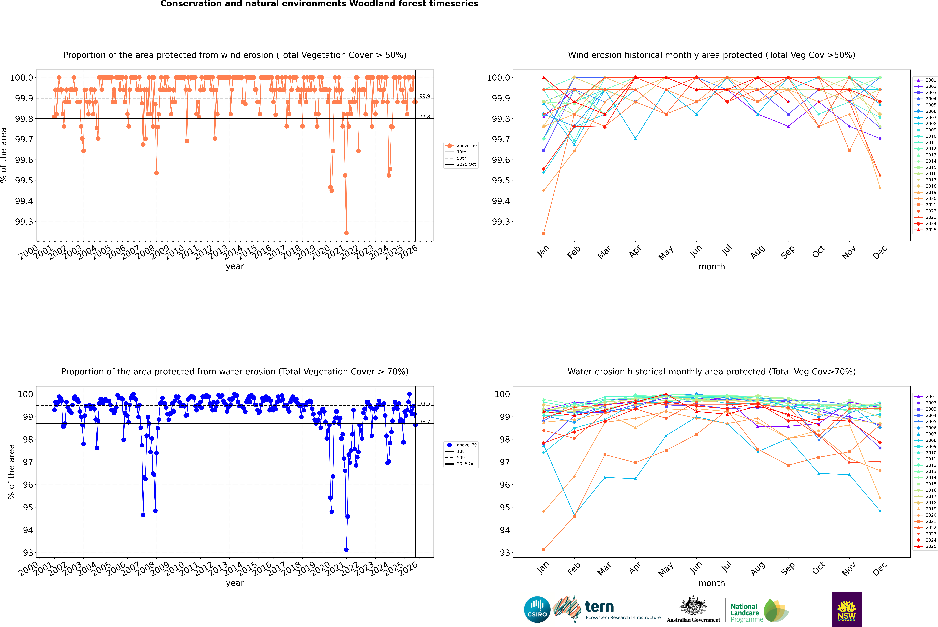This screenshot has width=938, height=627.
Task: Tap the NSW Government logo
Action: pos(846,609)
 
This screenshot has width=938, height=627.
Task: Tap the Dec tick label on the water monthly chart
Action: pos(880,569)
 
